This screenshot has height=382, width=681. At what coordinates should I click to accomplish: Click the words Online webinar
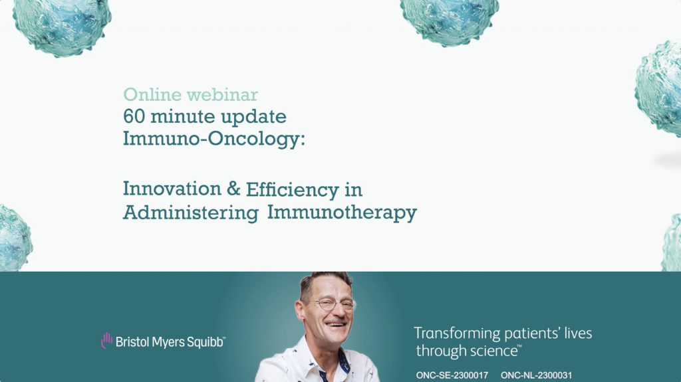pos(190,94)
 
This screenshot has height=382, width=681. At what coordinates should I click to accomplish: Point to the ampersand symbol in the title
pos(233,189)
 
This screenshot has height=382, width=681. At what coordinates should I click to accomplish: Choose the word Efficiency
pos(292,189)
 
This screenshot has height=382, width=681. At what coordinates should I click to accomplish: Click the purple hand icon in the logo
pos(106,341)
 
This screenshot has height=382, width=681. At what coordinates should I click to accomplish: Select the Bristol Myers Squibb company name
pos(170,341)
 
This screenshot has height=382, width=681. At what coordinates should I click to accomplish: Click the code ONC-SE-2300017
pos(452,375)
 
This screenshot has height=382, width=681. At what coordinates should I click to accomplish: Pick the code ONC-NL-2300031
pos(537,375)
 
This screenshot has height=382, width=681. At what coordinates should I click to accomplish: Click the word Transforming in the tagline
pos(453,334)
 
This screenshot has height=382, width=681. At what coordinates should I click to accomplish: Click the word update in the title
pos(255,117)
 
